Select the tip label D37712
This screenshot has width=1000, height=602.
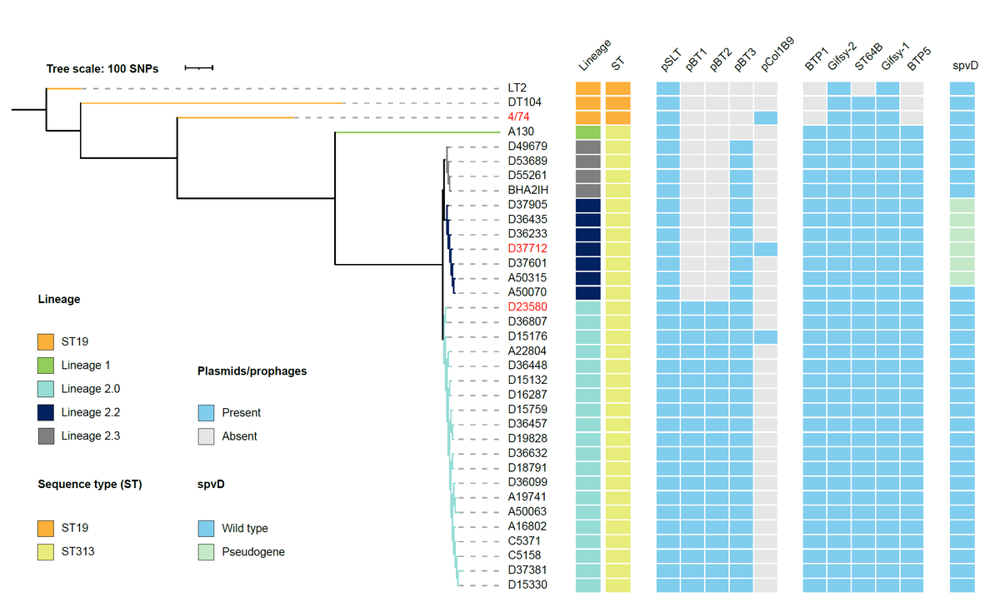527,248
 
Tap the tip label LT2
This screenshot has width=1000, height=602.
517,87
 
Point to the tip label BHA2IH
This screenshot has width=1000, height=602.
527,190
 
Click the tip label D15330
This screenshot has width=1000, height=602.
527,585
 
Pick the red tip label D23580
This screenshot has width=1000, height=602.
527,307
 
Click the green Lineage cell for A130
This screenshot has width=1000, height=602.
587,132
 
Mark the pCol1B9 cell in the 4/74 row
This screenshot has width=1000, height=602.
766,117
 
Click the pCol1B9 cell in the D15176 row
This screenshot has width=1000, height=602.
766,336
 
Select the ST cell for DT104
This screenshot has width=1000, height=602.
617,102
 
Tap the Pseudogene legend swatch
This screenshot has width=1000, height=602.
206,551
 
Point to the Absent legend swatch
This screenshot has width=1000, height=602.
206,435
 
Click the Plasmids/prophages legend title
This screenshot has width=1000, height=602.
252,371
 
